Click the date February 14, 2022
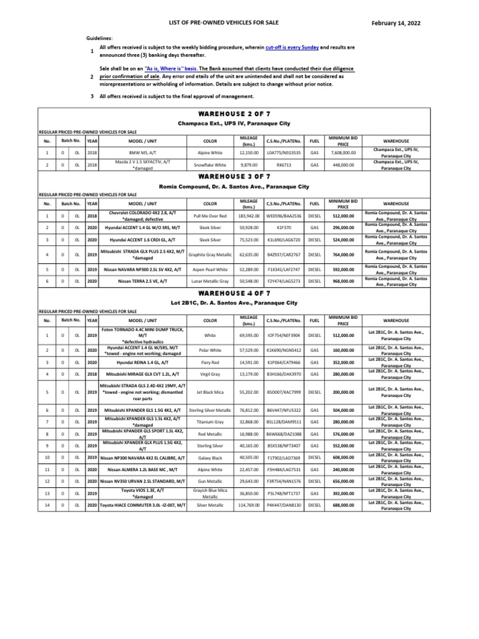click(396, 23)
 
